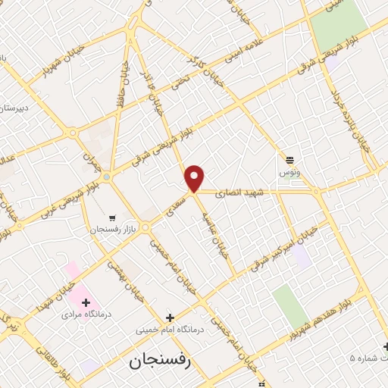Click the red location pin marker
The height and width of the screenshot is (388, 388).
[x=195, y=177]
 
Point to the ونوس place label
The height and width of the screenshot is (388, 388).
[x=289, y=172]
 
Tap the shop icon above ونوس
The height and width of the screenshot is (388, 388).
[x=289, y=159]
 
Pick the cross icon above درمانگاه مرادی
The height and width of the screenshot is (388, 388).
[x=86, y=302]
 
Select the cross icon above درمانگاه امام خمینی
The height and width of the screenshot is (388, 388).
[x=170, y=318]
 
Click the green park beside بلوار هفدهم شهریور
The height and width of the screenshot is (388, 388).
[x=290, y=307]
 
